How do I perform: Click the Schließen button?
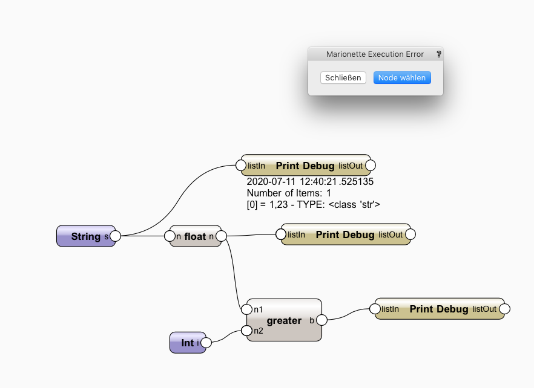point(343,78)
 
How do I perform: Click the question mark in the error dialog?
point(438,54)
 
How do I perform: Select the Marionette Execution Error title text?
point(375,54)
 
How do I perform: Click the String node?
point(85,236)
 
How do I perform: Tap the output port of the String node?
point(115,236)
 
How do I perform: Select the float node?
point(195,236)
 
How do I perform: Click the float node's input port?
point(170,236)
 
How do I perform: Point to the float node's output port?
point(221,236)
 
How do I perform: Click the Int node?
point(187,343)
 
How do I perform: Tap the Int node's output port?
point(206,343)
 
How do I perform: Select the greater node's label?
point(284,320)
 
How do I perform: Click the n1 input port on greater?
point(246,309)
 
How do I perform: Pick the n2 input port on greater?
point(246,331)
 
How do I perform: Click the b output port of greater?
point(322,320)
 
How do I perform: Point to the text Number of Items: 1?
point(289,193)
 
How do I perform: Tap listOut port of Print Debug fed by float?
point(410,234)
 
